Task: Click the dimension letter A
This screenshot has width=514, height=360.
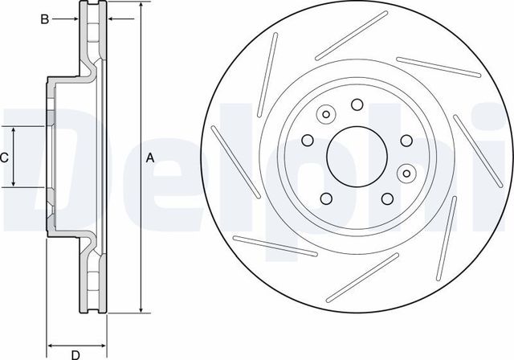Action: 149,158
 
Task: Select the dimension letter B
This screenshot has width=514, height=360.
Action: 47,18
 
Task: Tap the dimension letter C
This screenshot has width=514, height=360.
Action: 5,157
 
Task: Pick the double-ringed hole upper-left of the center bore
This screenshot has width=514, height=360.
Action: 326,114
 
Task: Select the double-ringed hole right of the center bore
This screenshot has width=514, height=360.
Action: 406,171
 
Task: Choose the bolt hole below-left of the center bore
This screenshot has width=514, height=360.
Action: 325,198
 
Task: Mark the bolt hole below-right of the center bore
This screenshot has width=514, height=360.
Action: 386,198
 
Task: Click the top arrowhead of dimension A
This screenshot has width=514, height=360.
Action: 142,8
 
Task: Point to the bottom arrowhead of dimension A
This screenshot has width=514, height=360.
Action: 142,309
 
